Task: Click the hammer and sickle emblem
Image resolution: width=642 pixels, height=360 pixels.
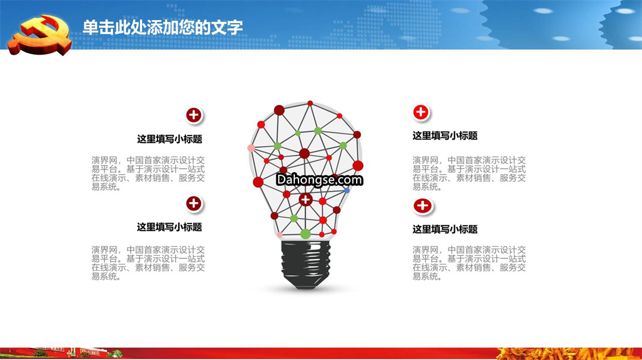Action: point(40,35)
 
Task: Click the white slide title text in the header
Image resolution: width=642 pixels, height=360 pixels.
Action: point(162,27)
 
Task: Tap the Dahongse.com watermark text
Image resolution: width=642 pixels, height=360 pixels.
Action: point(319,179)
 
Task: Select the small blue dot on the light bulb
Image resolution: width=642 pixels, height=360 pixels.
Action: point(347,191)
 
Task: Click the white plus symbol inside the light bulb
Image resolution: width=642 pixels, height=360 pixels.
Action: point(306,200)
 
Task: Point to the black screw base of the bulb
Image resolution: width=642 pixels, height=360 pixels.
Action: point(306,264)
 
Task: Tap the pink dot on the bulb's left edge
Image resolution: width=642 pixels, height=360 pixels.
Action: point(251,148)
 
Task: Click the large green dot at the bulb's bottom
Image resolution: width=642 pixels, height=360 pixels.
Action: point(306,234)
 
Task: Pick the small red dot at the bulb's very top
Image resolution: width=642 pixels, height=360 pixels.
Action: point(310,103)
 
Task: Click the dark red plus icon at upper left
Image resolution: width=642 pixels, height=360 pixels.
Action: point(194,115)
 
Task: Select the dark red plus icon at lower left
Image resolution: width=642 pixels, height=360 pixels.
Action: point(194,203)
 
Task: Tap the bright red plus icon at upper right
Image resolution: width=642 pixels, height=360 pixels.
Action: point(421,112)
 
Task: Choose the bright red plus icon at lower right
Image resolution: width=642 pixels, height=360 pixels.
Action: point(423,206)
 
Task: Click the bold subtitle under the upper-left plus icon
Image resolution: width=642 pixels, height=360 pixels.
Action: point(169,139)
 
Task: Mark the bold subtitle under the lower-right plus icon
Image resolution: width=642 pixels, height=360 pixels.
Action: point(445,229)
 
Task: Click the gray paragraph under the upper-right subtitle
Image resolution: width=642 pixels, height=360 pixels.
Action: point(469,173)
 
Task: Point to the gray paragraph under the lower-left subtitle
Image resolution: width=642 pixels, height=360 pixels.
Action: point(148,263)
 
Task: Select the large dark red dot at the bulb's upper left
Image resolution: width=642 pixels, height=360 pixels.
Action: point(279,110)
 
